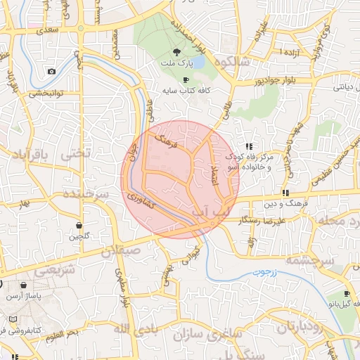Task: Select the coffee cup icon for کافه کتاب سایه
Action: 186,80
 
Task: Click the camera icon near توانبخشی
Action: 51,72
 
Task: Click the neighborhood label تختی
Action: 77,153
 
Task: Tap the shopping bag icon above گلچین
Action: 79,226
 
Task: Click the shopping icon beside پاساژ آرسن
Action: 25,285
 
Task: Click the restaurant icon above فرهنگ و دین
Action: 285,193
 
